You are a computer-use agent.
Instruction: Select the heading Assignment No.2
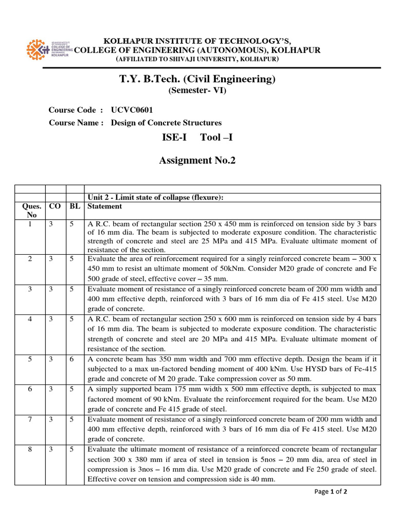pyautogui.click(x=197, y=161)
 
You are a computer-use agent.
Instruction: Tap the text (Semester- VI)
pyautogui.click(x=197, y=91)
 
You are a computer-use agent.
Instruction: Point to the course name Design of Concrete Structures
pyautogui.click(x=166, y=122)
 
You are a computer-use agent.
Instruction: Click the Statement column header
pyautogui.click(x=105, y=206)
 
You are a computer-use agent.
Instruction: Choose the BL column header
pyautogui.click(x=75, y=206)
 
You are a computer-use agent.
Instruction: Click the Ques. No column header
pyautogui.click(x=30, y=210)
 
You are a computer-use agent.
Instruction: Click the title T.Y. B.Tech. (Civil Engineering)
pyautogui.click(x=197, y=79)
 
